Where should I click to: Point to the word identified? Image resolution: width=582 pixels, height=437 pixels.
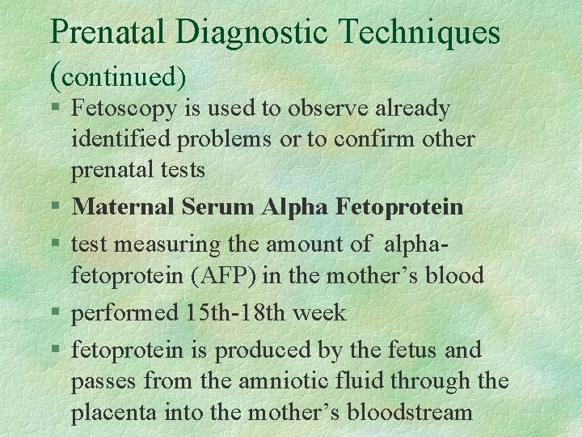point(120,139)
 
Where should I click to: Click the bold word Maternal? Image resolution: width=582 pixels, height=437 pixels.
point(123,207)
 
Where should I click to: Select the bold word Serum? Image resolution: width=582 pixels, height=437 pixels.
point(217,207)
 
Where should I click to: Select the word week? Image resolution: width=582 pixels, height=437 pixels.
point(322,312)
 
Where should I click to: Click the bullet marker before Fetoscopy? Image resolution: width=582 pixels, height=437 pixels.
point(55,108)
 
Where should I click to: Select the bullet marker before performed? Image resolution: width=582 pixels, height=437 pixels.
point(55,313)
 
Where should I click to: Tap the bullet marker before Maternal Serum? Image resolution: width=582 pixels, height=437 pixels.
point(55,208)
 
